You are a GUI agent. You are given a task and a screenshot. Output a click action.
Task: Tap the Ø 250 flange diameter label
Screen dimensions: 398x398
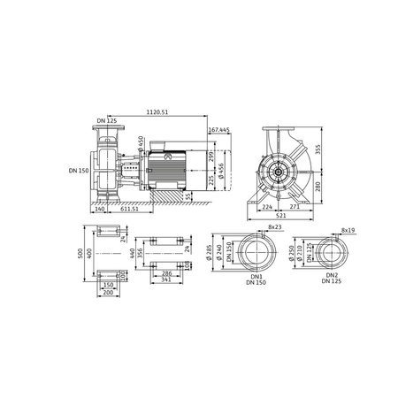[293, 253]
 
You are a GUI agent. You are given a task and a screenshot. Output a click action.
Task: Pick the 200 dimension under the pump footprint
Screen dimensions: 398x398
[110, 294]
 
